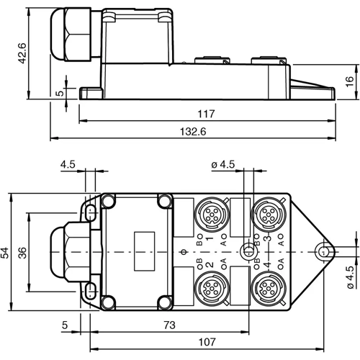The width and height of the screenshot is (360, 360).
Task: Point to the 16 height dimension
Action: click(x=348, y=81)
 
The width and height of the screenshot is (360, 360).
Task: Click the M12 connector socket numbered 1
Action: click(x=213, y=214)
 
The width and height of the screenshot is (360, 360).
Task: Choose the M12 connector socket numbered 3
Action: click(x=269, y=214)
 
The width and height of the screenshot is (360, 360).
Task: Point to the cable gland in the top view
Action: click(x=68, y=251)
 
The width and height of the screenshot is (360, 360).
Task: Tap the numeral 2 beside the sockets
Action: click(x=210, y=266)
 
